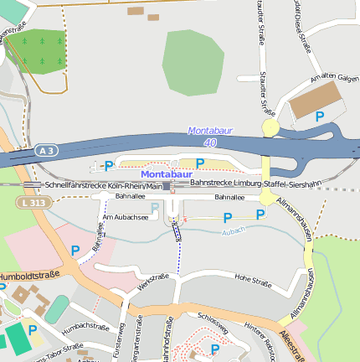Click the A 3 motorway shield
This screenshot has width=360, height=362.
pos(47,150)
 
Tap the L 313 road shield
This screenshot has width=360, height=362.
pos(33,202)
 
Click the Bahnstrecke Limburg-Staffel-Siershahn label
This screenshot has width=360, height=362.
pos(255,183)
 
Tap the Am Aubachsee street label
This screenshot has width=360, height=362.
pos(125,217)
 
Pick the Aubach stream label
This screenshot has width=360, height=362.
pos(234,230)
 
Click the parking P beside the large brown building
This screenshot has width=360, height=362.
pos(320,117)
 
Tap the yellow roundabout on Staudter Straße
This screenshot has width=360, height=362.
pos(270,127)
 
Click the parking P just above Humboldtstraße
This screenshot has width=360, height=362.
pos(75,250)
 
